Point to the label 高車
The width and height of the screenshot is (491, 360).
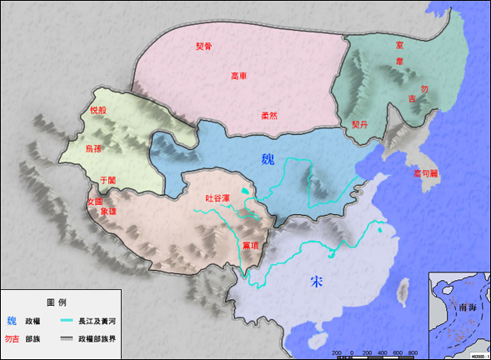click(239, 77)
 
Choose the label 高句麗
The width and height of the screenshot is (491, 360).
click(428, 173)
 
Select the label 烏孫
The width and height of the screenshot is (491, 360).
click(94, 148)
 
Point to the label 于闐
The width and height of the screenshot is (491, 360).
click(108, 180)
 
